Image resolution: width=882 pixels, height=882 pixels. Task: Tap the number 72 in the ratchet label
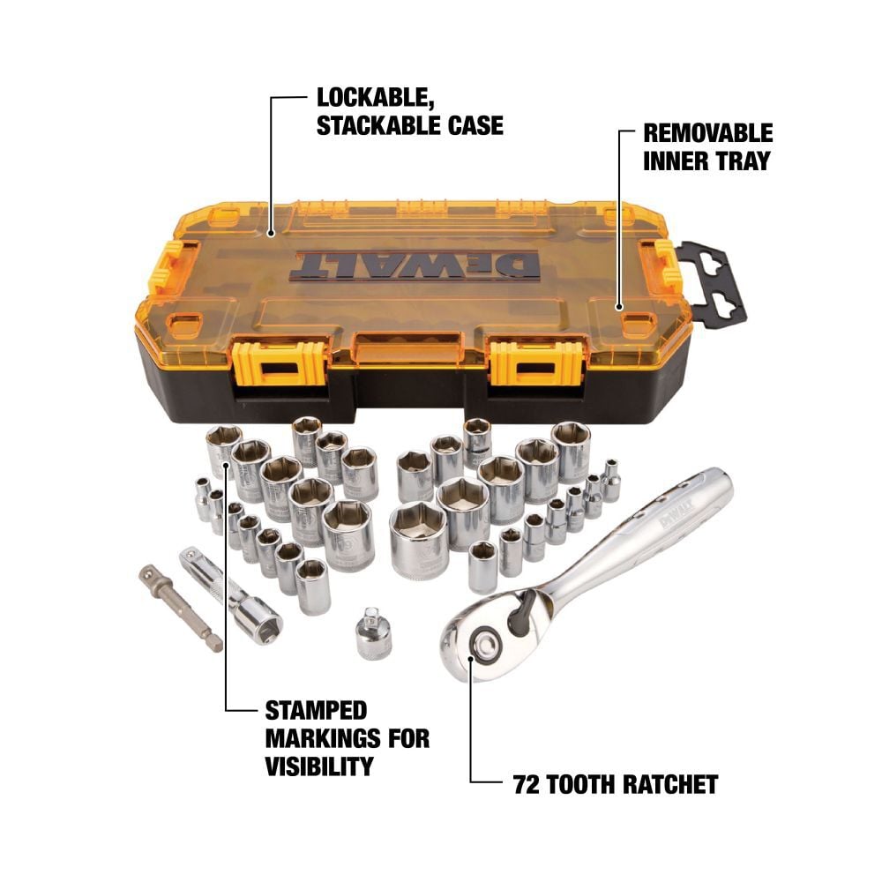[528, 784]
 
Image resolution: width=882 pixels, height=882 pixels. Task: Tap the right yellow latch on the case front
[524, 362]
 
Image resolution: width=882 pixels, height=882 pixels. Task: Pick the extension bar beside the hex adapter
[230, 591]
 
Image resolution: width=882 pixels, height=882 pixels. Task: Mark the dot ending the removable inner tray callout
[621, 309]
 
